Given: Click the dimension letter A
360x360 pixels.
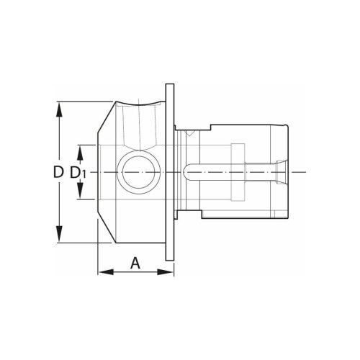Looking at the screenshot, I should [135, 264].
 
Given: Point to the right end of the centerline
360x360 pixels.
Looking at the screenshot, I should [305, 173].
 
